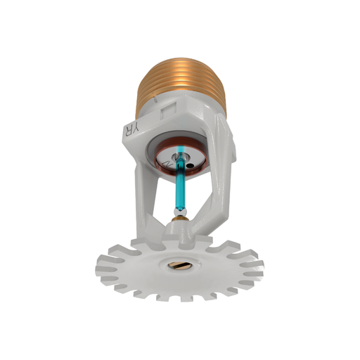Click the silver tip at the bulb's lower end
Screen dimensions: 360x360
point(181,210)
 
